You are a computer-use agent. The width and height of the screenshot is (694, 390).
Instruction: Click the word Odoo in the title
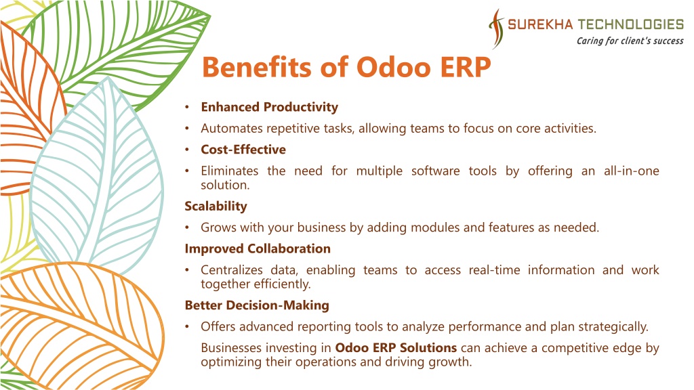pyautogui.click(x=394, y=68)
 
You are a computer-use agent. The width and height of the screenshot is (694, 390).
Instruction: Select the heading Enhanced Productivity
pyautogui.click(x=270, y=107)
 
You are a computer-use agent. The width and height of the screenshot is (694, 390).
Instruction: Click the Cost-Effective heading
pyautogui.click(x=243, y=150)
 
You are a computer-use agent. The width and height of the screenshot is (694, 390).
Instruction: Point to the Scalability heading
pyautogui.click(x=216, y=206)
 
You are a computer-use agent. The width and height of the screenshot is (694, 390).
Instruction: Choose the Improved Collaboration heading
pyautogui.click(x=258, y=248)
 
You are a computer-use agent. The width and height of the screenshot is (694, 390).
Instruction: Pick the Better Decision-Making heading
pyautogui.click(x=257, y=305)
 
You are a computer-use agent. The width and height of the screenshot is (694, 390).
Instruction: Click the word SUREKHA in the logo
pyautogui.click(x=540, y=24)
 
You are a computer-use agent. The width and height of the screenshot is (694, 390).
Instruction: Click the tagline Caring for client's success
pyautogui.click(x=630, y=41)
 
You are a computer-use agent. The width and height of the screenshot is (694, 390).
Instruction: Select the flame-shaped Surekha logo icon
pyautogui.click(x=497, y=28)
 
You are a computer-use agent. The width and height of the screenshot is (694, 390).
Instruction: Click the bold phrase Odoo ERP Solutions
pyautogui.click(x=396, y=347)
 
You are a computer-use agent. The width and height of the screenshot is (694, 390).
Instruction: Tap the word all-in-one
pyautogui.click(x=632, y=171)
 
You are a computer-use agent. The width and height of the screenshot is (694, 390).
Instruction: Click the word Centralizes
pyautogui.click(x=232, y=269)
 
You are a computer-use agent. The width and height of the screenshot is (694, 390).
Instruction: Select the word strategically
pyautogui.click(x=613, y=327)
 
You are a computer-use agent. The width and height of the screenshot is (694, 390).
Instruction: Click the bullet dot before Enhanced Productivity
pyautogui.click(x=187, y=107)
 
